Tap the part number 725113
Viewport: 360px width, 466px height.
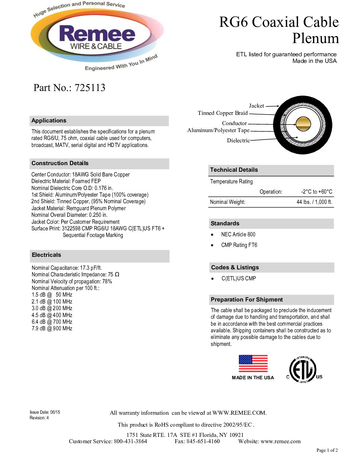pos(90,88)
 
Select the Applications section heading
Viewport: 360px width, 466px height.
pos(49,120)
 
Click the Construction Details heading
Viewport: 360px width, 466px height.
pos(60,163)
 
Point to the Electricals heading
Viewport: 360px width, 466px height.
pos(46,255)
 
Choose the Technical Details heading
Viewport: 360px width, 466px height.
pos(234,170)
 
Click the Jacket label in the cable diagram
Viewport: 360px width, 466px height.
pos(256,106)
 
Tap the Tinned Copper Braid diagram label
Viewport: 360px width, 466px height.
pos(223,113)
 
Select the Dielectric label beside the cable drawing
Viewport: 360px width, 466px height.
pos(238,141)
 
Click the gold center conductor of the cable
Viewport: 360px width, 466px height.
pos(303,124)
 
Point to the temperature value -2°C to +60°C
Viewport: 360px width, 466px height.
pos(317,192)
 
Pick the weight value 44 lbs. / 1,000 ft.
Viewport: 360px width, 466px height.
pos(314,202)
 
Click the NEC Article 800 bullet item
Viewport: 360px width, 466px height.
pos(238,235)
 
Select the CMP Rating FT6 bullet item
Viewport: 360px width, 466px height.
pos(239,245)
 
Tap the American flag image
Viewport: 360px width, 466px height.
pos(253,364)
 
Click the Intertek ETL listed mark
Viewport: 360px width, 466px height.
pos(303,370)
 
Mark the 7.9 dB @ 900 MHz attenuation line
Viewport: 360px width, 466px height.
pos(52,329)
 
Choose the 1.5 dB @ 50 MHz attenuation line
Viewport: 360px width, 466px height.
pos(52,295)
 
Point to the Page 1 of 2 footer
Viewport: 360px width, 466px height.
pos(327,450)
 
